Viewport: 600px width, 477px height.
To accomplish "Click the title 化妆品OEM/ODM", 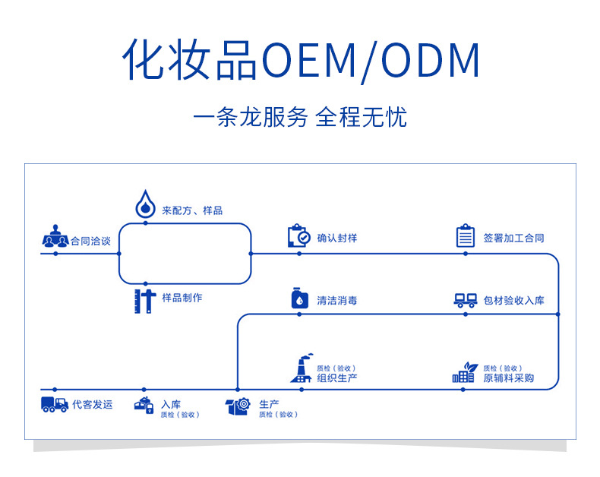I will [x=301, y=61].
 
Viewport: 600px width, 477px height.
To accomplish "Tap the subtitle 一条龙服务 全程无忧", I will [x=300, y=118].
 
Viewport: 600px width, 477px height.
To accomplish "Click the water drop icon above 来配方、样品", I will [x=144, y=204].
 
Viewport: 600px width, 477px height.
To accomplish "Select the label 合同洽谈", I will [x=90, y=241].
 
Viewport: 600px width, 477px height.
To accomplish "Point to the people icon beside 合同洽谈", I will [x=55, y=237].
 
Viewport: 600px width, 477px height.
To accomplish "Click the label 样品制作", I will [x=182, y=298].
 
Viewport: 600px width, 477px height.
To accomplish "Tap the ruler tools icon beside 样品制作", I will [x=144, y=300].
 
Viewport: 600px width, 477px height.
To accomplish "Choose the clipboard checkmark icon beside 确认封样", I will [x=298, y=236].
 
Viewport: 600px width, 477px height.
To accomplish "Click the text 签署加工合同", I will [x=513, y=238].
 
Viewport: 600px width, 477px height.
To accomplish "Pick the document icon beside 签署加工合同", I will [x=465, y=236].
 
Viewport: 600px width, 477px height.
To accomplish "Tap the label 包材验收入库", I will [x=513, y=301].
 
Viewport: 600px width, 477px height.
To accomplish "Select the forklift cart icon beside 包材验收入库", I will [x=465, y=301].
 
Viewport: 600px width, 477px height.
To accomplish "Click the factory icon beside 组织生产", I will [x=301, y=369].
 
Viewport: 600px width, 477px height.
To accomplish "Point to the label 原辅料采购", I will [x=508, y=377].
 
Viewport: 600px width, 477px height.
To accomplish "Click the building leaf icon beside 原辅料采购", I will [x=463, y=371].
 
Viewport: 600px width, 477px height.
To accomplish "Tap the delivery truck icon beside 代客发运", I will [x=55, y=405].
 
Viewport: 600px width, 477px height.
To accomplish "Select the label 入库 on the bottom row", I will [x=171, y=404].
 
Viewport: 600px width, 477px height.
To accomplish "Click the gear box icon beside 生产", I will [x=238, y=406].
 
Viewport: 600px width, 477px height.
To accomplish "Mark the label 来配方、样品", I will [x=192, y=210].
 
